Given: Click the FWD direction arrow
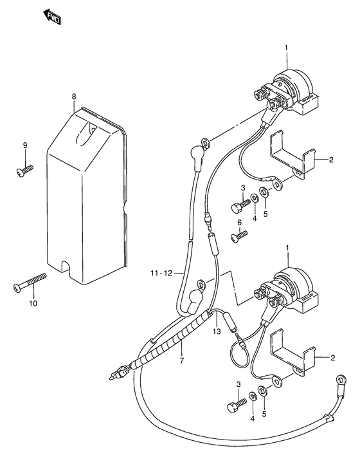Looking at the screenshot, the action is [x=52, y=17].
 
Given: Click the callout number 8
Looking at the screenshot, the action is [x=74, y=97].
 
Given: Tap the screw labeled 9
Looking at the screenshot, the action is [x=24, y=171].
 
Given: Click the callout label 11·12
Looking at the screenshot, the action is [x=161, y=273].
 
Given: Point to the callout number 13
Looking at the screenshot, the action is [x=217, y=331].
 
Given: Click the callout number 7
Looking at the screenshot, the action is [x=182, y=360].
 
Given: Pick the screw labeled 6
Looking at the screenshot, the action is [x=239, y=236].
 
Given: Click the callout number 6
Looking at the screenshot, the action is [x=239, y=223].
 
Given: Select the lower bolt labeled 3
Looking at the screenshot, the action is [x=237, y=405].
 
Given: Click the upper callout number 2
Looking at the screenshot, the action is [x=331, y=160].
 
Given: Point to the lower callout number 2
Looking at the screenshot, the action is [x=332, y=358].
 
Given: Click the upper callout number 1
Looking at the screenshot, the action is [x=286, y=48].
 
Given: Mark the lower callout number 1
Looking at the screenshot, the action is [x=287, y=248].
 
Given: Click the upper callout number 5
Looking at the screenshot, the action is [x=265, y=214].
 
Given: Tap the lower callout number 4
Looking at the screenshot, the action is [x=252, y=419].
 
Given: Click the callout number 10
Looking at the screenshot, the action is [x=33, y=304].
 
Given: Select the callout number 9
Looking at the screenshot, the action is [x=25, y=145].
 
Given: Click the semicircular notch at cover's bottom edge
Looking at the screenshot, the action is [x=66, y=265].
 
